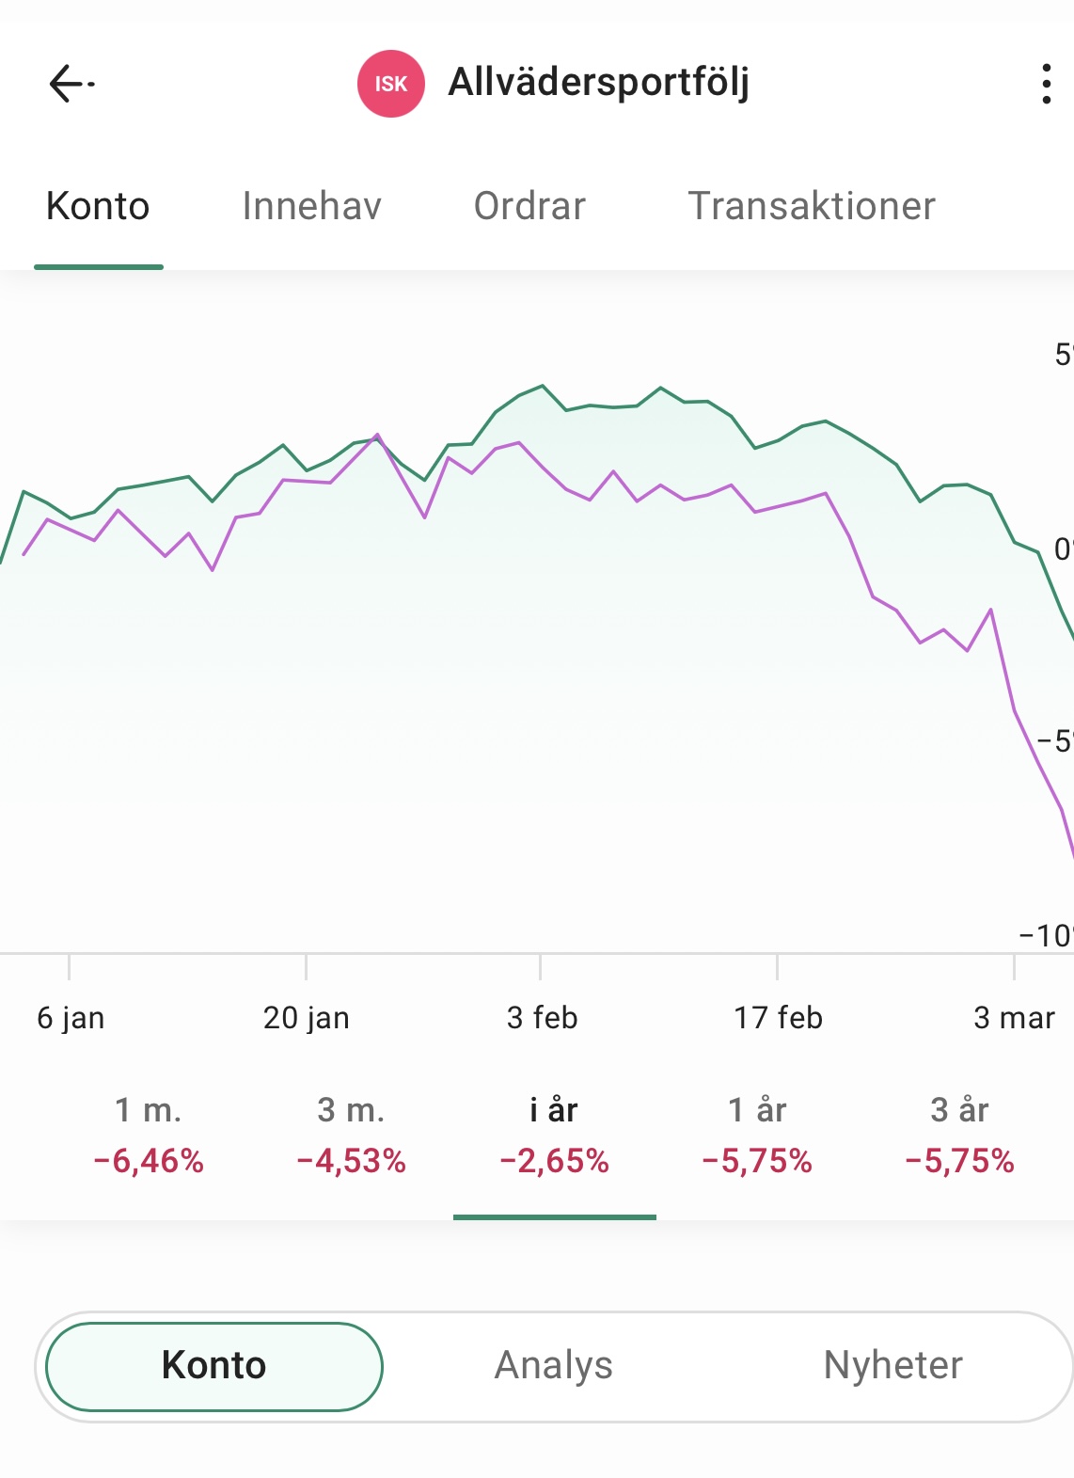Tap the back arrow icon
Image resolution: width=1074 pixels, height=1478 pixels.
click(71, 84)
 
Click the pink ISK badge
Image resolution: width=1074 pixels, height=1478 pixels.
click(391, 84)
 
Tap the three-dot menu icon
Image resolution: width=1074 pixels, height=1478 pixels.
click(1046, 84)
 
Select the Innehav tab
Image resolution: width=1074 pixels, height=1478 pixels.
click(311, 206)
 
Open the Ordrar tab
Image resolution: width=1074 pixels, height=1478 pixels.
click(529, 206)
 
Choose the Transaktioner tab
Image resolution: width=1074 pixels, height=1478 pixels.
click(812, 206)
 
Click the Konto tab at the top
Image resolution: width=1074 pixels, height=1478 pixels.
click(98, 206)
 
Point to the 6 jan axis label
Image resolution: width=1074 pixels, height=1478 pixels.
click(71, 1017)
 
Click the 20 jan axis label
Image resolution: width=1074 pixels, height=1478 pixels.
click(307, 1017)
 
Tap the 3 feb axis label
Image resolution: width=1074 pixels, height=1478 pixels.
click(542, 1017)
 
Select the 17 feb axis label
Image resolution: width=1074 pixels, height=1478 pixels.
click(778, 1017)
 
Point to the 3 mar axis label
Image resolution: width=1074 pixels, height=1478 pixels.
click(1014, 1017)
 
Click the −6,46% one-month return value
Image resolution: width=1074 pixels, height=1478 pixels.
click(149, 1161)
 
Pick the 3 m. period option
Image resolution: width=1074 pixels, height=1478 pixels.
click(351, 1110)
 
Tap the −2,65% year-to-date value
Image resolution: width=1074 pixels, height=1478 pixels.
click(554, 1161)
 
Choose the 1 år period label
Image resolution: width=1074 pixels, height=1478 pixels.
click(757, 1110)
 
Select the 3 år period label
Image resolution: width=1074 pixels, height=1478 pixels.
click(959, 1110)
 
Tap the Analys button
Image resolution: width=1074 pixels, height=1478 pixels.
click(554, 1365)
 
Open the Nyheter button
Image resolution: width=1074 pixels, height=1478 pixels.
click(892, 1365)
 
